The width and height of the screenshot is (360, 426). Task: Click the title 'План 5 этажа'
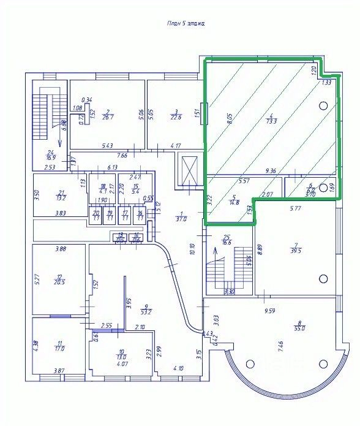186,23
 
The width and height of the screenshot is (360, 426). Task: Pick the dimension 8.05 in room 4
230,118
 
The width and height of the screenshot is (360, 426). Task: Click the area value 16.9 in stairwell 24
51,158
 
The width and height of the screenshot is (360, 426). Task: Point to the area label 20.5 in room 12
59,283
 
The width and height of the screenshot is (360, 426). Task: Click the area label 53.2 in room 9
145,311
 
